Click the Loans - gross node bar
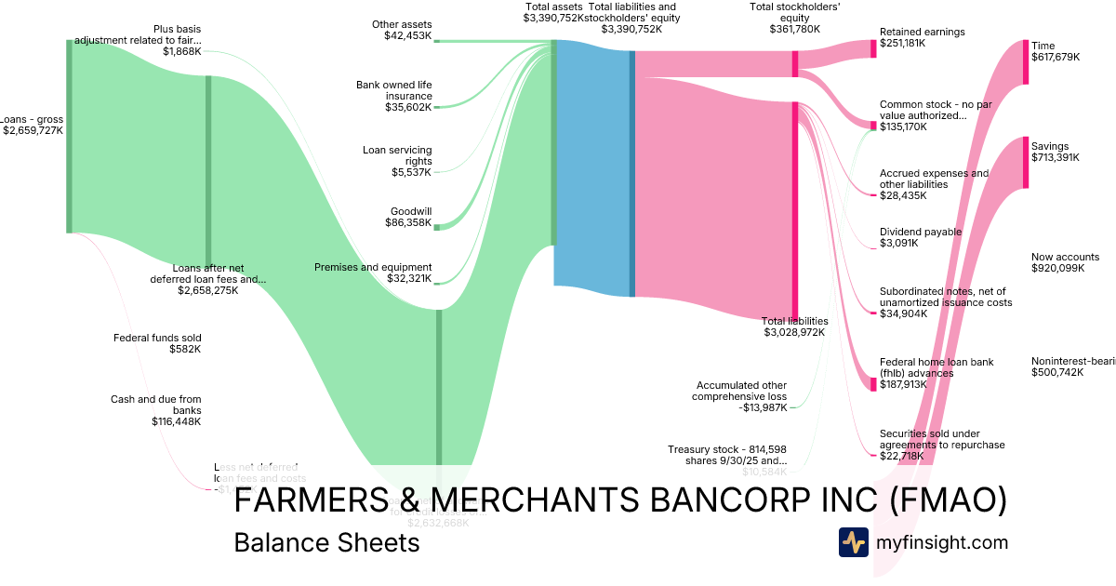[69, 136]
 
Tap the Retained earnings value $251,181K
[902, 44]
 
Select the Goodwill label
[410, 211]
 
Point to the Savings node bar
[1026, 163]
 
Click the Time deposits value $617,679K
[1056, 57]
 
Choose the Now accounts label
[1065, 257]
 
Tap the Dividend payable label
[921, 232]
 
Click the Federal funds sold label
[157, 338]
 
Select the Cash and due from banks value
[177, 421]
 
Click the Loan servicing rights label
[397, 155]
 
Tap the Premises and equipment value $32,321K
[408, 278]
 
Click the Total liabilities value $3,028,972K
[794, 332]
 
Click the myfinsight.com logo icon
[853, 542]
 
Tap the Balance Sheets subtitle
[326, 542]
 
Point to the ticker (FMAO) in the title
[949, 500]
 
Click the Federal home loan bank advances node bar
[873, 383]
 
